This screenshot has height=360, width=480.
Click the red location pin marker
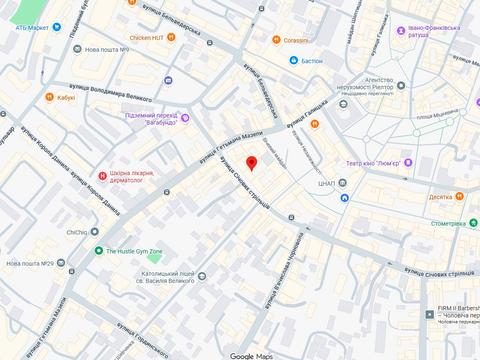click(x=252, y=164)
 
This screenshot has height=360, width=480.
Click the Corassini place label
click(x=295, y=40)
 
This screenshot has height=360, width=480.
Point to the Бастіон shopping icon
click(x=293, y=61)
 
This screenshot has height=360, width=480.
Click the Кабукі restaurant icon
click(x=48, y=98)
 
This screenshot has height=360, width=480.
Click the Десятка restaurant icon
click(x=460, y=197)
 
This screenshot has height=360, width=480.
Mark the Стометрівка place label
click(x=450, y=224)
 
